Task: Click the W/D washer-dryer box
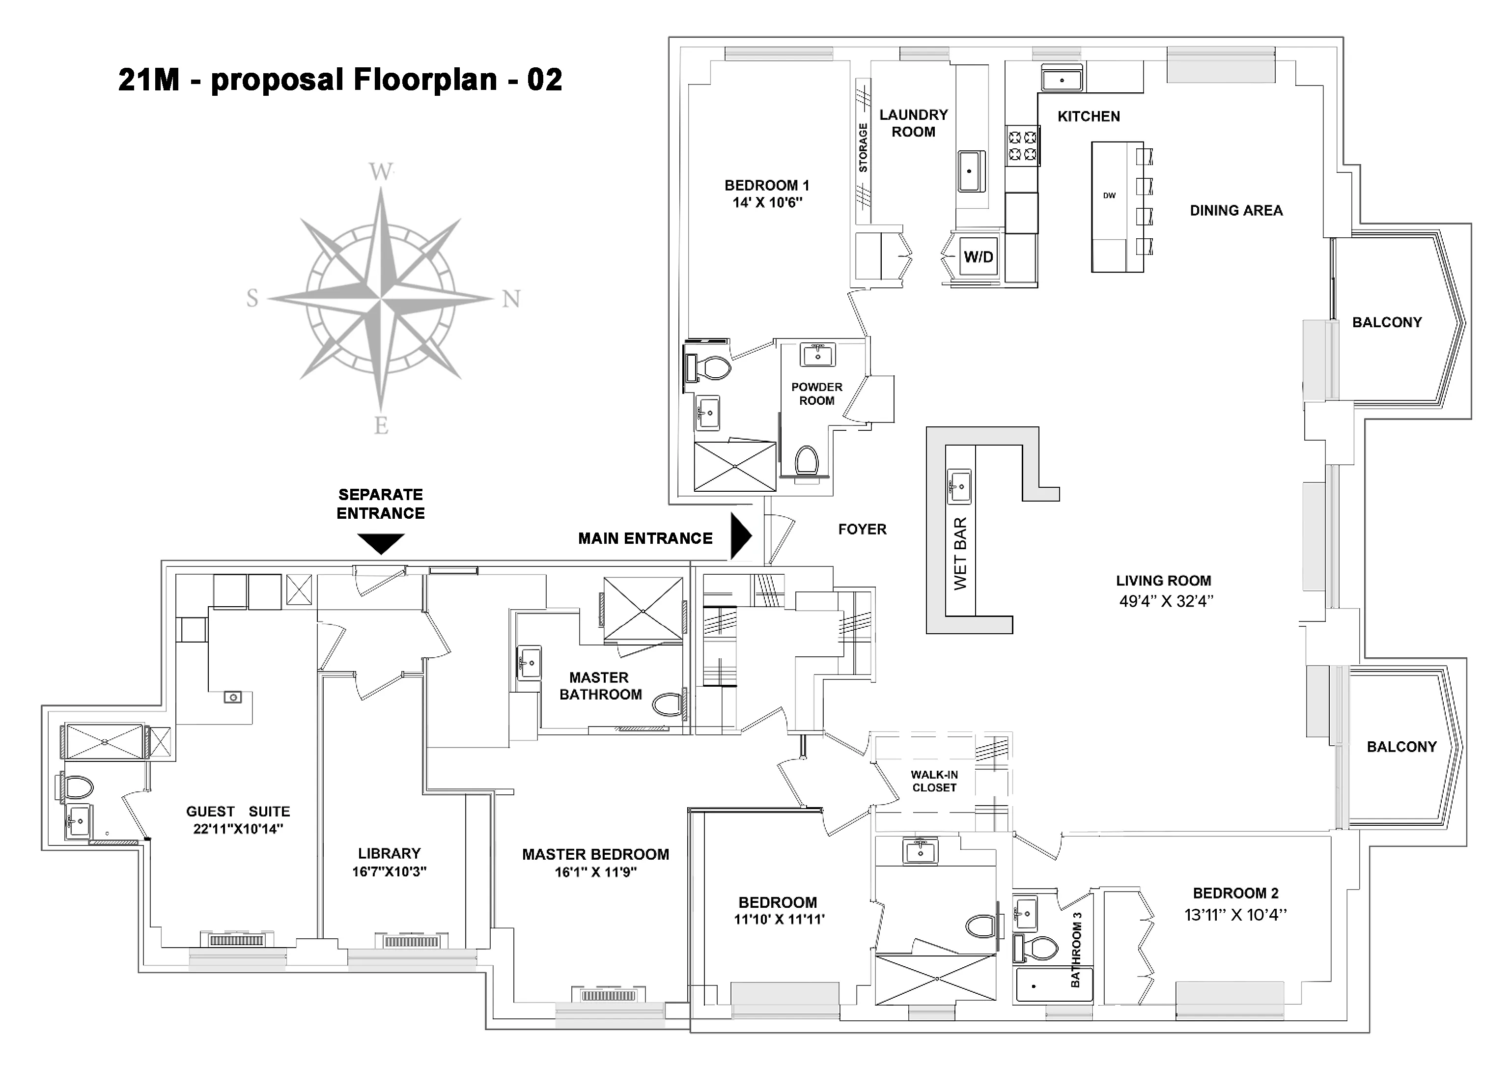978,257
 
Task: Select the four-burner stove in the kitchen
1022,146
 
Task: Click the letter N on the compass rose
511,299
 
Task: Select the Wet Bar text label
960,554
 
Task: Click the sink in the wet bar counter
959,486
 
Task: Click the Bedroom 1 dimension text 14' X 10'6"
767,203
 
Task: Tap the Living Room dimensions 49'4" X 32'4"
1166,601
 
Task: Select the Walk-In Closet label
934,781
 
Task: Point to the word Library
389,853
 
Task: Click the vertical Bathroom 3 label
1076,950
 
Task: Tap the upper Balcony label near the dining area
1387,322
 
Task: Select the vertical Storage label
863,148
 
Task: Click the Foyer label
862,529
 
